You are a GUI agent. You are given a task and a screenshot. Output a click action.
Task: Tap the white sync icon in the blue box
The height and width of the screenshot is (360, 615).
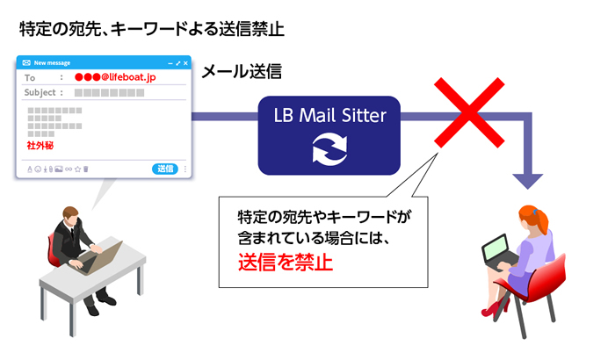[329, 148]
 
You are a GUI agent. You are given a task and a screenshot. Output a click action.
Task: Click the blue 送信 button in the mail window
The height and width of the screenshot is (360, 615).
[165, 169]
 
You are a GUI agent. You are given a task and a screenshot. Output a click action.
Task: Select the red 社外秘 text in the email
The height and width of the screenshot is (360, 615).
[41, 145]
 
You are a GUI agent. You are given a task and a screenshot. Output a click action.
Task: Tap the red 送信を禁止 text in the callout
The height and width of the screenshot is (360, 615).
[286, 261]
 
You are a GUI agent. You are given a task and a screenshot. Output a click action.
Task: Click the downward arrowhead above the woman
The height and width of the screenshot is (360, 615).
[529, 178]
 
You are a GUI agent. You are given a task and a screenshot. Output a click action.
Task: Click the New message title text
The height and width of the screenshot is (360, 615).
[53, 63]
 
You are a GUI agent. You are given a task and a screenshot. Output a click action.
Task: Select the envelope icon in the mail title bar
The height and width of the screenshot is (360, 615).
[26, 63]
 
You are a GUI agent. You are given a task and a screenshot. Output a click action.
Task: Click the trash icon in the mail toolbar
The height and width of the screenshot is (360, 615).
[85, 169]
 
